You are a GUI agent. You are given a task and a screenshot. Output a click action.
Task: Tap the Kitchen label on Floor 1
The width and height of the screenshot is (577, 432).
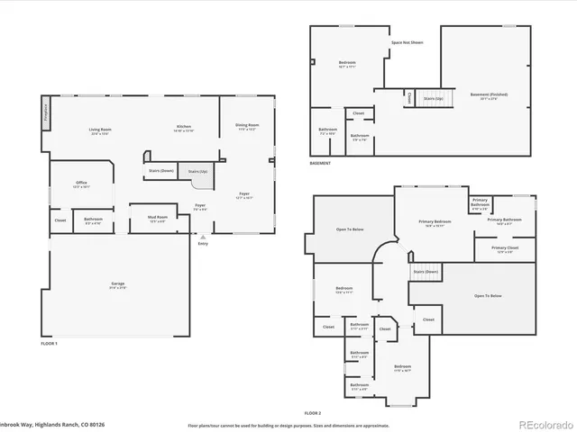click(183, 128)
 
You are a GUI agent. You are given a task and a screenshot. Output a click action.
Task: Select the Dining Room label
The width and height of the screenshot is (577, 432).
click(247, 126)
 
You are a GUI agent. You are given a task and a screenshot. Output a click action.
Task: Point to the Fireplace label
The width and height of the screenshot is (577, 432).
click(46, 113)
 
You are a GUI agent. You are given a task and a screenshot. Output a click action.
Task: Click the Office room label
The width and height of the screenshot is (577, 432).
click(81, 184)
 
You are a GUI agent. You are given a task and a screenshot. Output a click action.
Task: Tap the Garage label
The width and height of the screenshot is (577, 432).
click(118, 285)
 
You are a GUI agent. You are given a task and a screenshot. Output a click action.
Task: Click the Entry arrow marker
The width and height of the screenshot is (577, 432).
click(201, 236)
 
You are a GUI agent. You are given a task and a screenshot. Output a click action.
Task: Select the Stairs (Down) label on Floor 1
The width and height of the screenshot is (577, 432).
click(160, 170)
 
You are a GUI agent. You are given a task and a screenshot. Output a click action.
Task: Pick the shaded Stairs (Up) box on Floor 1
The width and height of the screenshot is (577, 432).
click(197, 173)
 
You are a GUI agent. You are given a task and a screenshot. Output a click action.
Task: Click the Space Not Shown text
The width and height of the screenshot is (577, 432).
click(408, 42)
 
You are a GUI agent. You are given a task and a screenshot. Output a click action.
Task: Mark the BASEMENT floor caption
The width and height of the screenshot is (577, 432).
click(320, 163)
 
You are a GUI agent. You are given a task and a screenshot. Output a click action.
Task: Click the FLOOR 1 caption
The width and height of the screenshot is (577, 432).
click(49, 344)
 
